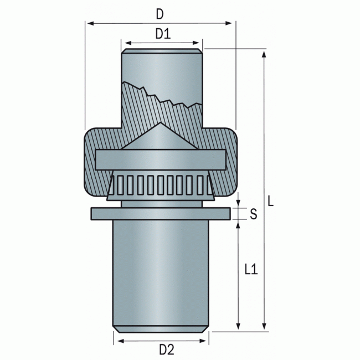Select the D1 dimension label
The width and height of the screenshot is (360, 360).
(x=162, y=34)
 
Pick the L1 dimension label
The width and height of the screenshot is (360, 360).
(x=251, y=270)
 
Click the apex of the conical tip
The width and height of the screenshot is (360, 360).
(x=160, y=124)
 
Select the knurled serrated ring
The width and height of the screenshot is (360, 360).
(x=160, y=183)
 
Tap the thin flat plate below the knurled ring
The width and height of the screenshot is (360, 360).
(x=160, y=213)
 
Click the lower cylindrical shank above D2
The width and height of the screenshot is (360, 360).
(x=160, y=271)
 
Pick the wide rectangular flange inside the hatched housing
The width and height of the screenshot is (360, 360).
(x=160, y=160)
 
